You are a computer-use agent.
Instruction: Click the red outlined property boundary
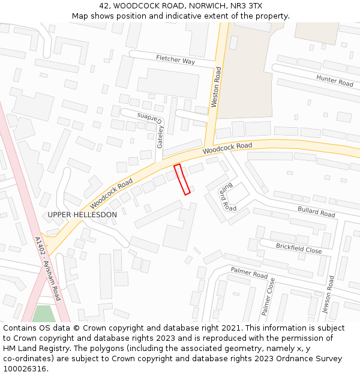pos(182,179)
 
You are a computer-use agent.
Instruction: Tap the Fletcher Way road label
pos(175,61)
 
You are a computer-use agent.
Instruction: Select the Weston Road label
pos(216,88)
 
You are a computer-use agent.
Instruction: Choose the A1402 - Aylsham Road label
pos(47,268)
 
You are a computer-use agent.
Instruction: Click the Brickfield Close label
pos(299,248)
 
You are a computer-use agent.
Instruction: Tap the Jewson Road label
pos(328,294)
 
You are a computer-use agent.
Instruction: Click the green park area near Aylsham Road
pos(43,314)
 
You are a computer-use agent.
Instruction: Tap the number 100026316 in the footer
pos(25,368)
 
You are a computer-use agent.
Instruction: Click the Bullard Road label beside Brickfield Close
pos(316,211)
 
